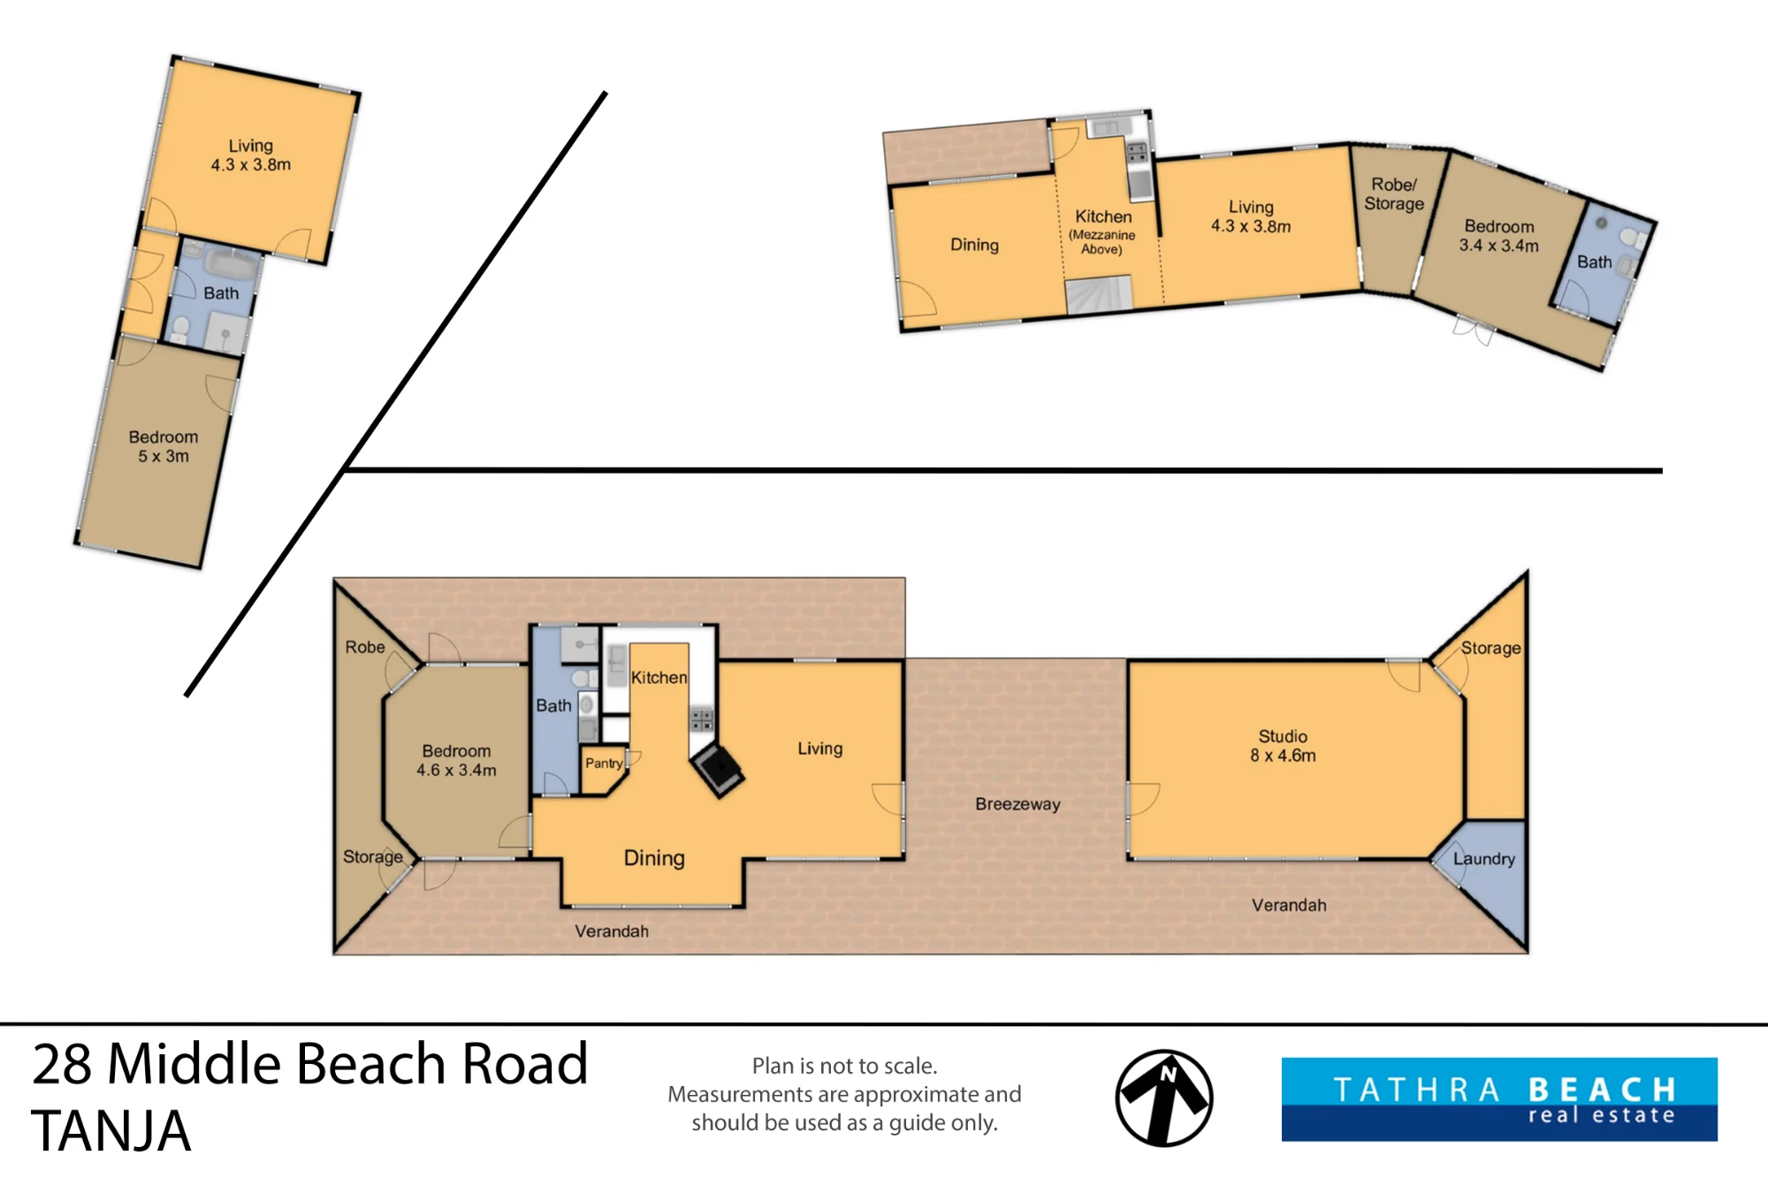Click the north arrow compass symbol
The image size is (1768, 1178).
(1163, 1098)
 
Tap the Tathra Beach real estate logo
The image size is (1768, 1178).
(1499, 1099)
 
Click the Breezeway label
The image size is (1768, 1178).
(1017, 804)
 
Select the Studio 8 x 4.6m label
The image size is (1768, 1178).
(1283, 746)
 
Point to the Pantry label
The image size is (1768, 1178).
(604, 764)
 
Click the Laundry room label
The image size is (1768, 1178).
(1484, 859)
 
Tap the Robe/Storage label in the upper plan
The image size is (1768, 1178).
(1394, 194)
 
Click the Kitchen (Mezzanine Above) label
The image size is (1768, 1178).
(1102, 232)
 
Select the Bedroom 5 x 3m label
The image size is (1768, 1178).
(164, 446)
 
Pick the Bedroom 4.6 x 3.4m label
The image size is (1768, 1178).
(456, 760)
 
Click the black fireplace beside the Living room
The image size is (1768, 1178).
(717, 771)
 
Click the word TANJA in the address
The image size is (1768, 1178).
(111, 1130)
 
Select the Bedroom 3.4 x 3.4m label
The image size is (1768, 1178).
(1499, 236)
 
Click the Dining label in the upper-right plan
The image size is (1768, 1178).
(974, 245)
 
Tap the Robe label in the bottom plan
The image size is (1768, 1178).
(365, 647)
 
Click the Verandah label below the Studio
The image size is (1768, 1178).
(1289, 905)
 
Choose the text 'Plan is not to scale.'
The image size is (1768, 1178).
(844, 1066)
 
